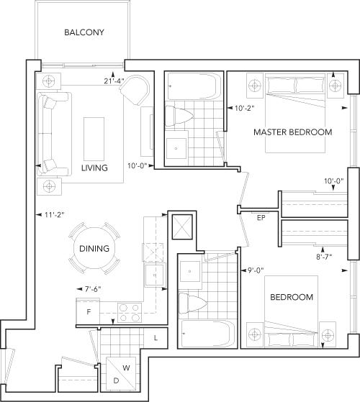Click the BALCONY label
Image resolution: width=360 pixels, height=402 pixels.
[84, 32]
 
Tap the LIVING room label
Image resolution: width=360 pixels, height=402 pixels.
[94, 168]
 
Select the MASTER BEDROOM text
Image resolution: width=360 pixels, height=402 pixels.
[293, 132]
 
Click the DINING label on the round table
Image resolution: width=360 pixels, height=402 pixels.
[94, 248]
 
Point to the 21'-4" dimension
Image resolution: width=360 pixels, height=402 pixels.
[114, 81]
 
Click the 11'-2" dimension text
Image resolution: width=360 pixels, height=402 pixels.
[54, 214]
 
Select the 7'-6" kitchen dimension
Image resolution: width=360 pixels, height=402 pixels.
[93, 289]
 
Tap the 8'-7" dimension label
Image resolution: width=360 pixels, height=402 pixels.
[324, 257]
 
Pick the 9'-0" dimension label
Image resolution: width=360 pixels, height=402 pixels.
[256, 270]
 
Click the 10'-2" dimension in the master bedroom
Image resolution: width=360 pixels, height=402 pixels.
[244, 108]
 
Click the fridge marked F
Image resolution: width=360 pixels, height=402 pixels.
[88, 312]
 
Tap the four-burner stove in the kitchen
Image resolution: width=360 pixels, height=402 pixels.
[130, 313]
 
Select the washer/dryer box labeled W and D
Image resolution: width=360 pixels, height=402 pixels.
[121, 373]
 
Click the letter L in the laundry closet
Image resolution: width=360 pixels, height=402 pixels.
[156, 338]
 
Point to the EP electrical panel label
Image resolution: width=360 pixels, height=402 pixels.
[261, 218]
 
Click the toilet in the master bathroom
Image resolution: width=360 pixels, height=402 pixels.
[179, 117]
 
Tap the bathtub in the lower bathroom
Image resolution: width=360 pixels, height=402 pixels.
[208, 333]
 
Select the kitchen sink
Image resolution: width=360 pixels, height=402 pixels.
[154, 275]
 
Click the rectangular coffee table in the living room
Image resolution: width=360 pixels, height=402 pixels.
[94, 139]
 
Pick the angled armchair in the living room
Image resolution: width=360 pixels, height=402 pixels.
[135, 89]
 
